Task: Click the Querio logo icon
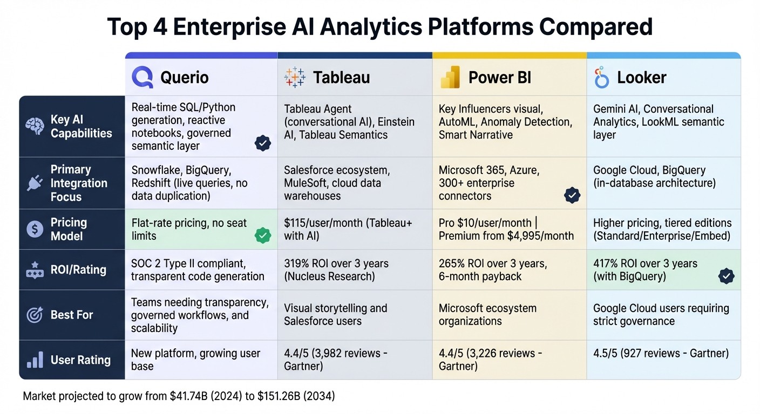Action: click(142, 78)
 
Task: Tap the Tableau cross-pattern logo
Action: click(295, 78)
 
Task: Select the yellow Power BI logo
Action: click(450, 78)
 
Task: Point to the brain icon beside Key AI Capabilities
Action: click(35, 127)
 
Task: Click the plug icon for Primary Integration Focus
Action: click(35, 183)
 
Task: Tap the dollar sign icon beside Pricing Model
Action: click(35, 229)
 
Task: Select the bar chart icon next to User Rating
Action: click(35, 360)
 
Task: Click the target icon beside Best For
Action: click(35, 315)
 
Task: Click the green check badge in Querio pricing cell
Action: click(263, 236)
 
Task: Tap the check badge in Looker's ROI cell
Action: click(727, 277)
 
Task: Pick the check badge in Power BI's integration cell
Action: click(572, 195)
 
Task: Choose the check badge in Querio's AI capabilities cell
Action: click(263, 143)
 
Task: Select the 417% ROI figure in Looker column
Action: click(608, 264)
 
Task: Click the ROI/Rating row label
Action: click(78, 270)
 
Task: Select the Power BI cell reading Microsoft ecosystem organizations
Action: click(487, 315)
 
